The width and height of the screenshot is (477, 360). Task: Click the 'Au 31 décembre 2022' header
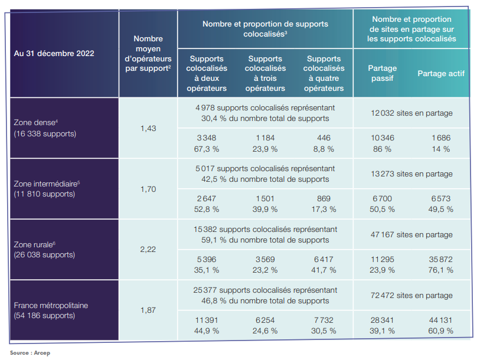click(54, 53)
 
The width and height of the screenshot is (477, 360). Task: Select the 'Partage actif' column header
click(440, 74)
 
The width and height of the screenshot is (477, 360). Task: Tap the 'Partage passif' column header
click(382, 73)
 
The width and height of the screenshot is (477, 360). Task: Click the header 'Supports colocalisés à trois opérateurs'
click(265, 74)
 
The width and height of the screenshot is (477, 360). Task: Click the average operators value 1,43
click(148, 128)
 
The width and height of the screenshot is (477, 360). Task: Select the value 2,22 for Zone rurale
click(148, 250)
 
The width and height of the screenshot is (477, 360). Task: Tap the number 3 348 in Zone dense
click(207, 138)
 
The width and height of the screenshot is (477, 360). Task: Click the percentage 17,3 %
click(324, 209)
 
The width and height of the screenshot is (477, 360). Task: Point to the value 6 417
click(324, 259)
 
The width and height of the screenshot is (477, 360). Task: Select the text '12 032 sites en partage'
click(412, 113)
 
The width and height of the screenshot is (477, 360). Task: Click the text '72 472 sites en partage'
click(412, 295)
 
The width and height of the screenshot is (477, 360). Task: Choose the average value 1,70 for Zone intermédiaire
click(148, 189)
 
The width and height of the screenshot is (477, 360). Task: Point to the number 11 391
click(207, 320)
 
